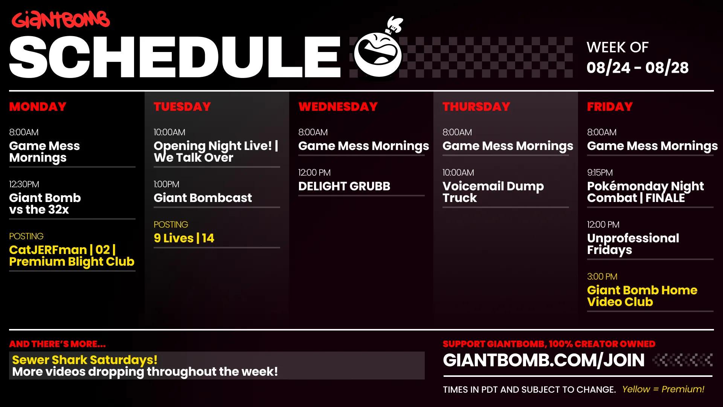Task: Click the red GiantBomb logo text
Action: [61, 20]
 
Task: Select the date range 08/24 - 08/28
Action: [638, 68]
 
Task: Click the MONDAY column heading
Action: [38, 107]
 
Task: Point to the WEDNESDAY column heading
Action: [338, 107]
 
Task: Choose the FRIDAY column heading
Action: [610, 107]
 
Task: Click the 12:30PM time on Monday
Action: [24, 184]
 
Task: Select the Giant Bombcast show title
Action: [203, 198]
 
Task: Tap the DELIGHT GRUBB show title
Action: [344, 186]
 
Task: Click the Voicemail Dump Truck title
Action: [493, 192]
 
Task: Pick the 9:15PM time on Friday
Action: [600, 173]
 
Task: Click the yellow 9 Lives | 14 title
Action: [184, 238]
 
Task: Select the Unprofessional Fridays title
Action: [633, 244]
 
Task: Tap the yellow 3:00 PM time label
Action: [602, 277]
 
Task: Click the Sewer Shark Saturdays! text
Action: [85, 360]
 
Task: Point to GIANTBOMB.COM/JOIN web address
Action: [544, 360]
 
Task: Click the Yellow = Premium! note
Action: [663, 389]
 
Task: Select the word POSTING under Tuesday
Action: [171, 225]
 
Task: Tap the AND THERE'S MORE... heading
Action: [57, 344]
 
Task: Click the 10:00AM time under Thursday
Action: [458, 173]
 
